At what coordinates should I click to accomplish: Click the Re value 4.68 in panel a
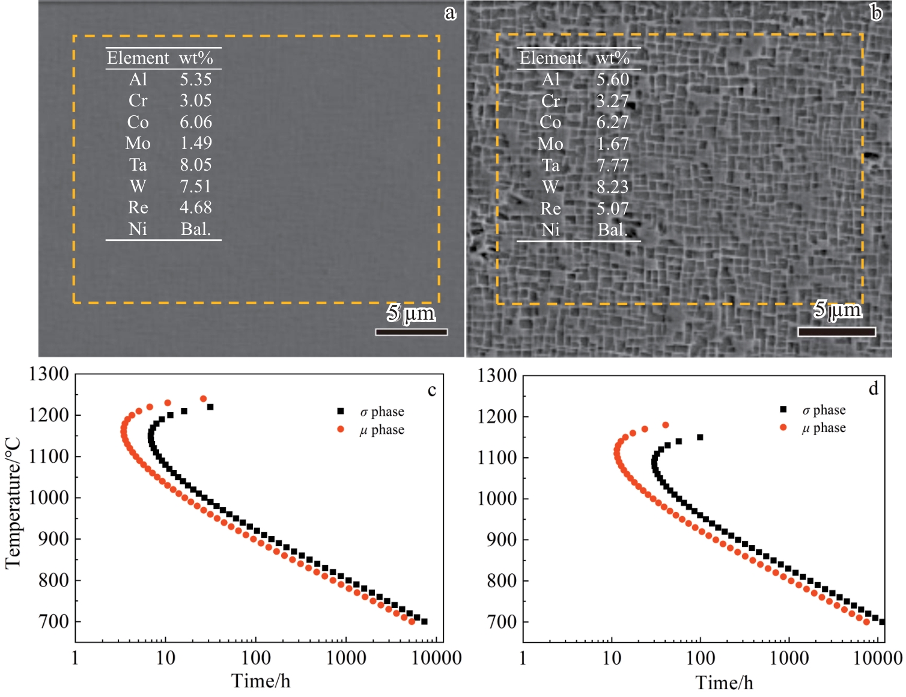pyautogui.click(x=196, y=207)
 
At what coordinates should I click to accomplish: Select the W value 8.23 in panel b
pyautogui.click(x=612, y=187)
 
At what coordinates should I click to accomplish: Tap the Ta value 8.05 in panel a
pyautogui.click(x=196, y=165)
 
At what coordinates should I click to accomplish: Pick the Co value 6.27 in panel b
pyautogui.click(x=612, y=122)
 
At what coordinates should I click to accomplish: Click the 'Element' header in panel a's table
pyautogui.click(x=138, y=58)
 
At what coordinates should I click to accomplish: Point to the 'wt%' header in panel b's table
pyautogui.click(x=613, y=58)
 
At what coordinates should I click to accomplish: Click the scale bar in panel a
pyautogui.click(x=412, y=332)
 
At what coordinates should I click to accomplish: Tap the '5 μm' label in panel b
pyautogui.click(x=838, y=309)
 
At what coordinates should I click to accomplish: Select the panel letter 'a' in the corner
pyautogui.click(x=450, y=13)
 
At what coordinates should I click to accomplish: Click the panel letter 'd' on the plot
pyautogui.click(x=874, y=389)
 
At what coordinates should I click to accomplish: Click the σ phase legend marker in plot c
pyautogui.click(x=341, y=412)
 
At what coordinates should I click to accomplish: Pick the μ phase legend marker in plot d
pyautogui.click(x=783, y=427)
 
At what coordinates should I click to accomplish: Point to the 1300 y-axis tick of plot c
pyautogui.click(x=49, y=374)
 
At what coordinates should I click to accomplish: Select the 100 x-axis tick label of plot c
pyautogui.click(x=256, y=658)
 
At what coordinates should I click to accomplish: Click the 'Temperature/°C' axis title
pyautogui.click(x=13, y=504)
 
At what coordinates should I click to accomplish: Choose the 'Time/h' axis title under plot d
pyautogui.click(x=724, y=683)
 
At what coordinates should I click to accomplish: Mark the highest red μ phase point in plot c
pyautogui.click(x=203, y=399)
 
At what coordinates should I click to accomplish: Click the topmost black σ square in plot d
pyautogui.click(x=700, y=437)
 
